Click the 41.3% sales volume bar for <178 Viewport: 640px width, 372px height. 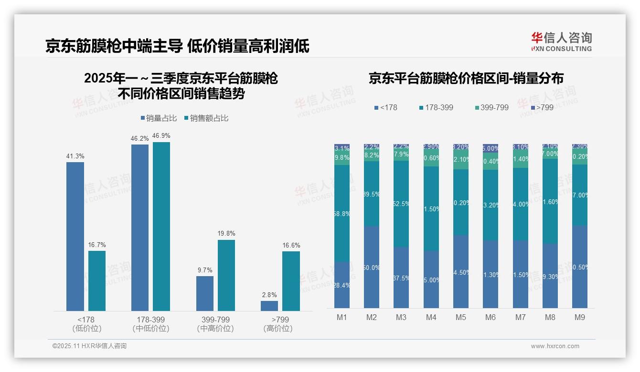[x=75, y=237]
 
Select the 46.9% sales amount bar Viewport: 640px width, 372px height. [x=161, y=227]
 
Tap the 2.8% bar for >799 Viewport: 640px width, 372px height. [x=269, y=306]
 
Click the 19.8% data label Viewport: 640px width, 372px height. [x=226, y=234]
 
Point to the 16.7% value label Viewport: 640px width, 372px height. [x=97, y=245]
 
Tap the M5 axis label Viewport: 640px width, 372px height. [x=460, y=317]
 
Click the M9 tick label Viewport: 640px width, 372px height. [x=579, y=317]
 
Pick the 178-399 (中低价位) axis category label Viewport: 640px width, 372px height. [x=151, y=324]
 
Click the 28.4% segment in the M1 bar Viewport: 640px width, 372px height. [x=342, y=285]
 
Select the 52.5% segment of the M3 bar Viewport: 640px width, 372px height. [x=401, y=204]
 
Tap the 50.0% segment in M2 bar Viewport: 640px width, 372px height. [x=372, y=267]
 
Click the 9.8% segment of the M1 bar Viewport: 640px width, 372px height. [x=342, y=158]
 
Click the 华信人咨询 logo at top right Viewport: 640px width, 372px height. [x=561, y=41]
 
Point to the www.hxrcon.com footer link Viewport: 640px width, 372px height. [x=555, y=346]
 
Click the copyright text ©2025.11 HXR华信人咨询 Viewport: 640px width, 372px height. [x=89, y=346]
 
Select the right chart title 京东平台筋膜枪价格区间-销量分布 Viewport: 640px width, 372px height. [x=466, y=79]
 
